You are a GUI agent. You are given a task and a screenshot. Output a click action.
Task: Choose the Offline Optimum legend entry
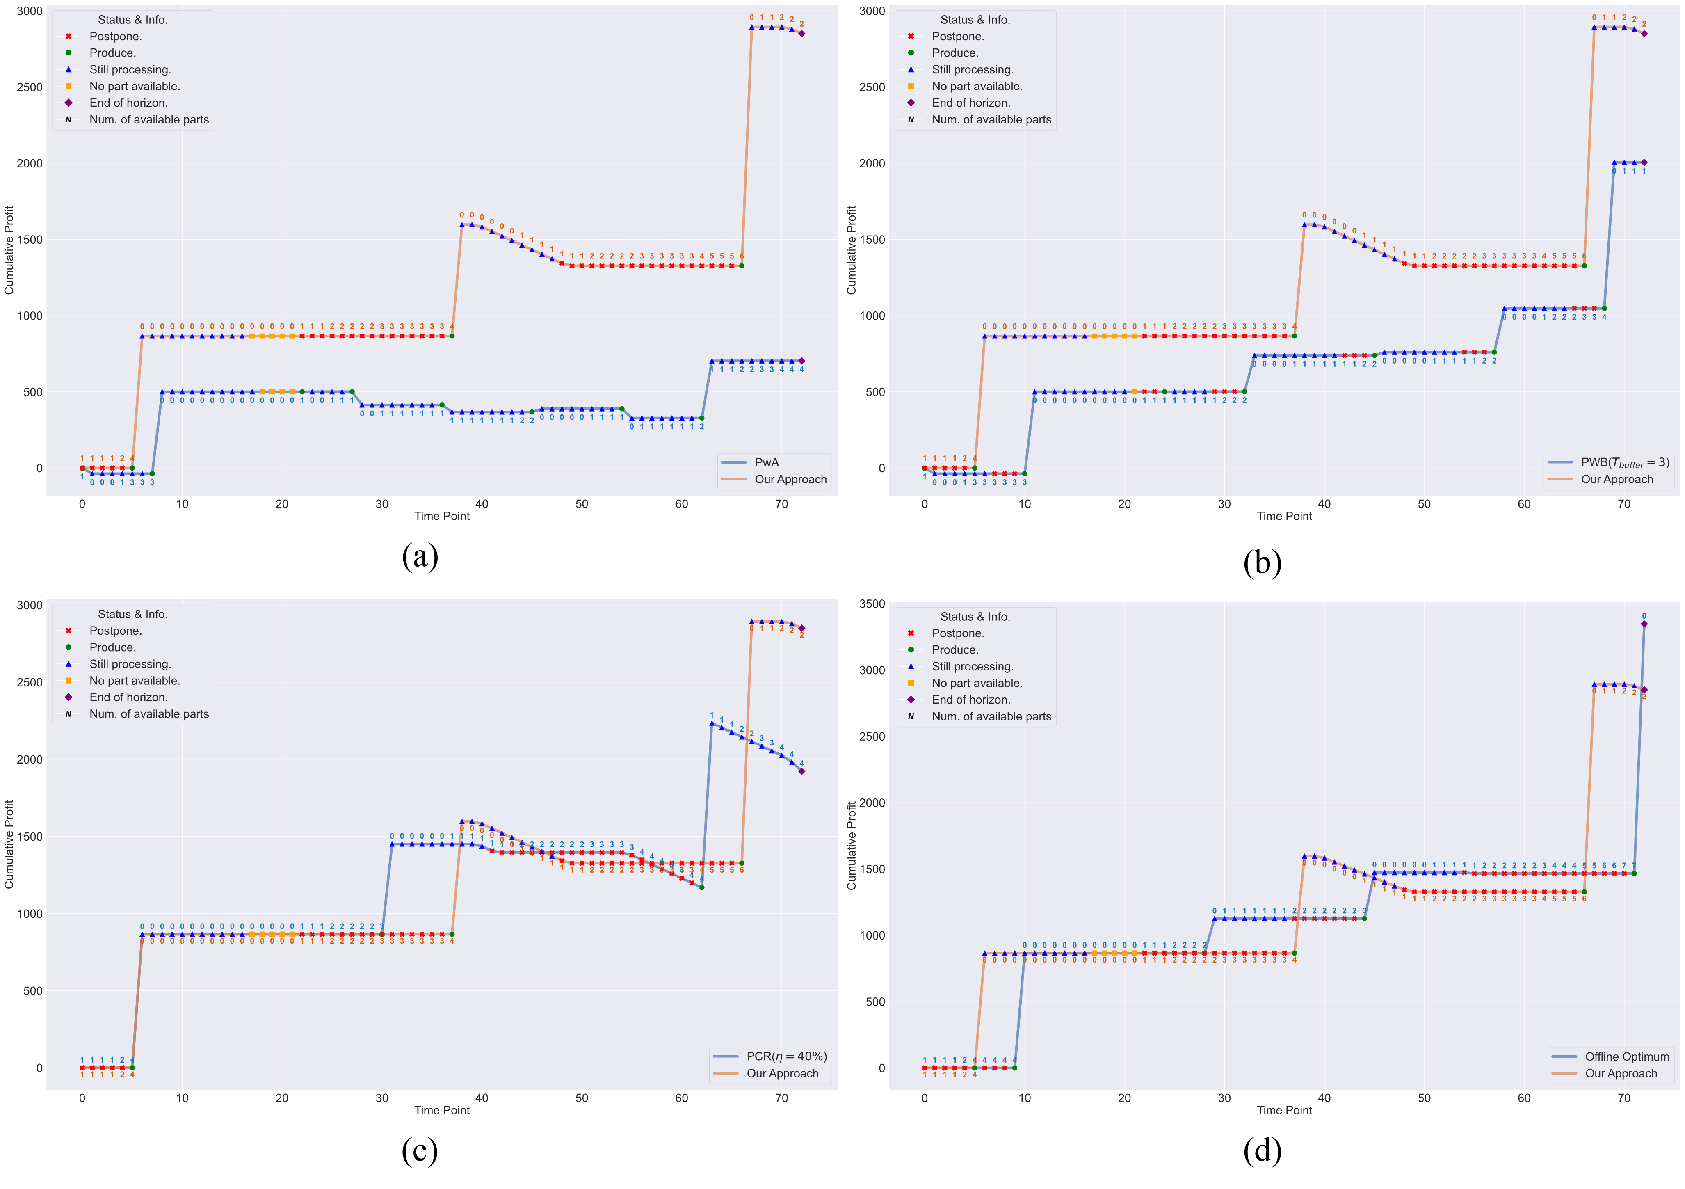(1626, 1057)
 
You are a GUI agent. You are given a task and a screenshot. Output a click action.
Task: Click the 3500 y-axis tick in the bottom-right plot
(872, 604)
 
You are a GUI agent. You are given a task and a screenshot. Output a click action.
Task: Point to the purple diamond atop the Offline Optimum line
(1644, 624)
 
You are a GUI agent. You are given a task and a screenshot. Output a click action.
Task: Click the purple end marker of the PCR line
(801, 771)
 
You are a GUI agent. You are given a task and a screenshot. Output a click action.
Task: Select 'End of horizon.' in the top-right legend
(970, 103)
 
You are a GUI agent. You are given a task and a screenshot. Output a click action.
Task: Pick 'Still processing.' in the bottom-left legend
(130, 664)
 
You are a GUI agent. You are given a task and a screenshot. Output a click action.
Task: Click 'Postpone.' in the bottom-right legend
(958, 633)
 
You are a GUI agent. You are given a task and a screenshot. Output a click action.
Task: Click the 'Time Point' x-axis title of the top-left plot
(442, 516)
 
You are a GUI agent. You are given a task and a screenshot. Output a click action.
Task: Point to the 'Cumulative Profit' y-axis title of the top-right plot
(851, 250)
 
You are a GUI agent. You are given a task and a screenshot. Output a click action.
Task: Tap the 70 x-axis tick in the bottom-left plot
(781, 1099)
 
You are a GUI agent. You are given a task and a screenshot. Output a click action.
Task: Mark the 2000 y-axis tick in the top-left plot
(30, 164)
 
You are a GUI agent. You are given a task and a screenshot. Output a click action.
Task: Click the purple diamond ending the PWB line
(1644, 162)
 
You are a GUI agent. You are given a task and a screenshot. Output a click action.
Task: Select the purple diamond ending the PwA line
(801, 361)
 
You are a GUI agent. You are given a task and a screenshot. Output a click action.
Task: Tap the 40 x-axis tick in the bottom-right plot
(1324, 1099)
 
